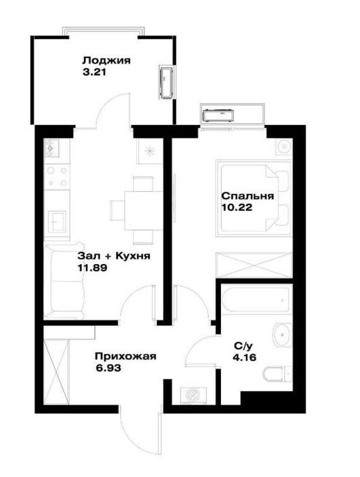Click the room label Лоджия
coord(106,61)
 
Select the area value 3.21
coord(94,73)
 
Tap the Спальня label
coord(247,196)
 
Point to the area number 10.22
coord(237,207)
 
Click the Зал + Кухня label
coord(114,256)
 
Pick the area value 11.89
coord(93,268)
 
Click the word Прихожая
coord(125,356)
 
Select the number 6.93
coord(108,368)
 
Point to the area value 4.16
coord(244,358)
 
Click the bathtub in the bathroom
coord(256,300)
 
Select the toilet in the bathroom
coord(277,374)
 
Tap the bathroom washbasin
coord(282,334)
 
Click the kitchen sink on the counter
coord(56,222)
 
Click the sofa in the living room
coord(64,280)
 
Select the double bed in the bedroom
coord(254,199)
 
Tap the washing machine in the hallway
coord(194,396)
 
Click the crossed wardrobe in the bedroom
coord(254,265)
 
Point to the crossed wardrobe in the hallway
coord(57,372)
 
